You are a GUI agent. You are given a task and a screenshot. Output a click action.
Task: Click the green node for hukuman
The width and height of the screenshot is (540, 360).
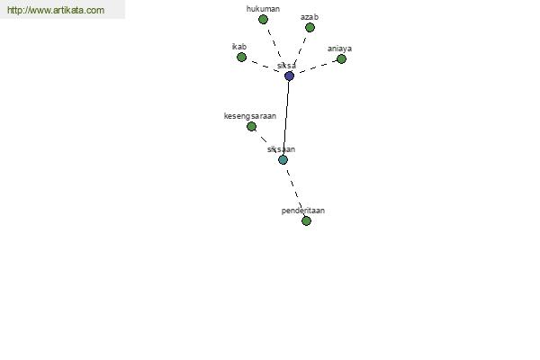click(263, 20)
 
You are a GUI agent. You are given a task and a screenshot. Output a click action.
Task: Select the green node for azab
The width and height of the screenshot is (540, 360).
click(310, 28)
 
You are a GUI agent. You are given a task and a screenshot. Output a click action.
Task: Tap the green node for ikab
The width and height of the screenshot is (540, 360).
click(242, 58)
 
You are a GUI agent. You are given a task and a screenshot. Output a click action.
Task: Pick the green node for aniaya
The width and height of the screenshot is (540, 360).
click(341, 59)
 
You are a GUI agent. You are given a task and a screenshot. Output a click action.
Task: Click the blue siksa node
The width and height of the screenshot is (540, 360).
click(289, 76)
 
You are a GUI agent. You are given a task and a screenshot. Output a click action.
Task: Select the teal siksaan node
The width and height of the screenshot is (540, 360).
click(283, 160)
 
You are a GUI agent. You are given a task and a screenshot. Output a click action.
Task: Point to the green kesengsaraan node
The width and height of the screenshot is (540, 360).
click(251, 127)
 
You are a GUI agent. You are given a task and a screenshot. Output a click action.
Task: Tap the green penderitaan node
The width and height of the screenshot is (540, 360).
click(306, 220)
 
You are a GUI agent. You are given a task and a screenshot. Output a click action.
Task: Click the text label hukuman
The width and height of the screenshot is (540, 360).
click(263, 9)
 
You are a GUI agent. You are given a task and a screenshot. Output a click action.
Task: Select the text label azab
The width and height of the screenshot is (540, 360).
click(310, 17)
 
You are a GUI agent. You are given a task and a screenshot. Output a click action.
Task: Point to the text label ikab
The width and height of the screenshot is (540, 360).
click(239, 47)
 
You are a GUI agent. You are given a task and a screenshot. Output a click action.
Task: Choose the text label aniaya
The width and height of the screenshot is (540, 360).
click(339, 49)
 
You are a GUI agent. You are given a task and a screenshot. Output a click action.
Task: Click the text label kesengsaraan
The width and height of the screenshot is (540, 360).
click(250, 116)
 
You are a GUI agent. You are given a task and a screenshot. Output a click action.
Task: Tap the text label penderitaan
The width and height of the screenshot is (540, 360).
click(303, 211)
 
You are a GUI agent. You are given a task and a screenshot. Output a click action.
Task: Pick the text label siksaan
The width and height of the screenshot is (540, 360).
click(281, 149)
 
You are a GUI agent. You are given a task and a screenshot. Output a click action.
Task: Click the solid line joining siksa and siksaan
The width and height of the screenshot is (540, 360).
click(286, 118)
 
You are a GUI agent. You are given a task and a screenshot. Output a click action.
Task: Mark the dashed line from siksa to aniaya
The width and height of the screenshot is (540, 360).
click(318, 67)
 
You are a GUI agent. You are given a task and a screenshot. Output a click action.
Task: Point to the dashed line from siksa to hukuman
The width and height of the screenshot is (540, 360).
click(274, 43)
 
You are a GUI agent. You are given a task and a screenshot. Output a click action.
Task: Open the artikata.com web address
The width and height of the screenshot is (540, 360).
click(56, 10)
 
